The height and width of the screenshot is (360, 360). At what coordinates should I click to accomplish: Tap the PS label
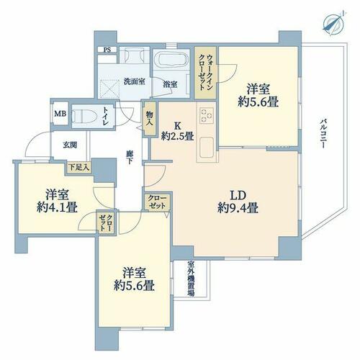[x=107, y=50]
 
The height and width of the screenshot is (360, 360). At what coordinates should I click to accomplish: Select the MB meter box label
[x=60, y=114]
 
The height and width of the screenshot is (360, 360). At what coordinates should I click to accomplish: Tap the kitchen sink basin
[x=207, y=146]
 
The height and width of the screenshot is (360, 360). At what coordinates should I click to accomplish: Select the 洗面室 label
[x=134, y=81]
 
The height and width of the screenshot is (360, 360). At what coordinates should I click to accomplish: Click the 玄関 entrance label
[x=70, y=145]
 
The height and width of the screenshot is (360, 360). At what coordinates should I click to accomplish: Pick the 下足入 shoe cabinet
[x=78, y=167]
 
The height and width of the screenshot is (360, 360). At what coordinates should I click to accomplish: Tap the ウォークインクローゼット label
[x=206, y=72]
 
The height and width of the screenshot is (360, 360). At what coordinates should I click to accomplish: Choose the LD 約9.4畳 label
[x=238, y=202]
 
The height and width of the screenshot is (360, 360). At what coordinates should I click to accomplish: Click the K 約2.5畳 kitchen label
[x=177, y=131]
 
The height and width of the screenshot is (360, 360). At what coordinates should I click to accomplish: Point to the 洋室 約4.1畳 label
[x=57, y=201]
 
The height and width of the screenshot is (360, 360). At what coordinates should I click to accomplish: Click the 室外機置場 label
[x=191, y=279]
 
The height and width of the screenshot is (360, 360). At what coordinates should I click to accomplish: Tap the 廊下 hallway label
[x=130, y=157]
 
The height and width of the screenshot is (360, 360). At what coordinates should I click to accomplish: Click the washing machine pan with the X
[x=109, y=89]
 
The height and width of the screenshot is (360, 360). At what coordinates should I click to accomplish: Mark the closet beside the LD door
[x=157, y=202]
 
